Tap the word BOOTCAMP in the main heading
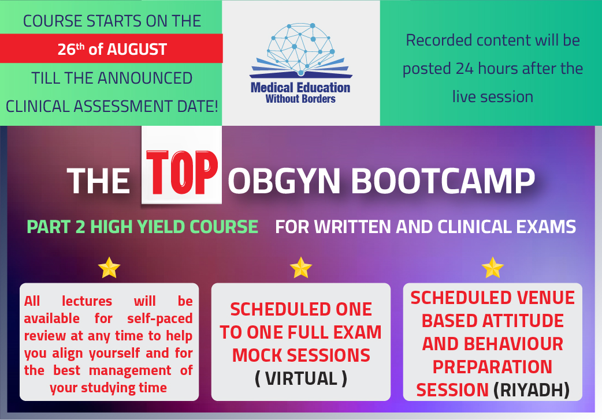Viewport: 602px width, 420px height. click(x=443, y=181)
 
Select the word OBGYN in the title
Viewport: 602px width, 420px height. click(x=284, y=181)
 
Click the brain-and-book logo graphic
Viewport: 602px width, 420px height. click(x=300, y=50)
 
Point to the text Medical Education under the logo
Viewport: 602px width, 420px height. click(x=300, y=88)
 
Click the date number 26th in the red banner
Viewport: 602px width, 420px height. click(x=71, y=48)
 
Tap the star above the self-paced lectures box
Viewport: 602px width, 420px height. click(x=109, y=267)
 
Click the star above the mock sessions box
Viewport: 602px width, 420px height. click(x=300, y=267)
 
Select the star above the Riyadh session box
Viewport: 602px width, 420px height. click(x=493, y=267)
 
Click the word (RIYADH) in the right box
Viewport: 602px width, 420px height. click(x=532, y=390)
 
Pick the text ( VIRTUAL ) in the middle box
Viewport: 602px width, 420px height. click(x=301, y=378)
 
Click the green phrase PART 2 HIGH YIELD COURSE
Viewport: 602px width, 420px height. click(x=142, y=227)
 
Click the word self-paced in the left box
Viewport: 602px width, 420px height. click(x=159, y=318)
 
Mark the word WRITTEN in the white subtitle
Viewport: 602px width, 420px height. click(x=353, y=227)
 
